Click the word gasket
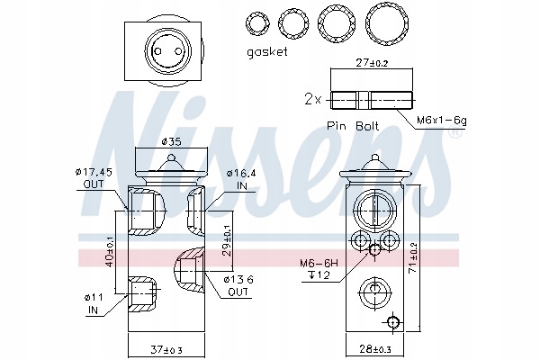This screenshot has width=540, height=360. tap(267, 52)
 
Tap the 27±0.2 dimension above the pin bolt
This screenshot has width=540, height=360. tap(371, 63)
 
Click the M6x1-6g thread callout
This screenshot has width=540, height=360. tap(442, 121)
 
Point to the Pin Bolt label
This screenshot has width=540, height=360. tap(353, 125)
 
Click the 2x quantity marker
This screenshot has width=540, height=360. tap(312, 100)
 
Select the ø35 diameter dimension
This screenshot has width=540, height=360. tap(171, 141)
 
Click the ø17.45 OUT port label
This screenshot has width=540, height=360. tap(94, 178)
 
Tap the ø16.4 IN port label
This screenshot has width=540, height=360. tap(241, 179)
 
